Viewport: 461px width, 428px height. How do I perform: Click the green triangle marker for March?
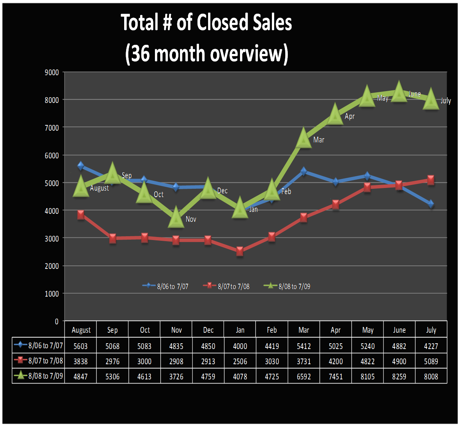pos(303,139)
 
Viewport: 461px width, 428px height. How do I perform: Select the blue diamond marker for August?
pos(81,166)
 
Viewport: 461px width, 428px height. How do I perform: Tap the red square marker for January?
pos(240,251)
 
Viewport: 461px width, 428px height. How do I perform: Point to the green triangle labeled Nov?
pos(176,218)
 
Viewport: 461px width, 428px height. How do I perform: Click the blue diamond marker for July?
pos(431,204)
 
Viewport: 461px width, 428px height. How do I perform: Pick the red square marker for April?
pos(335,205)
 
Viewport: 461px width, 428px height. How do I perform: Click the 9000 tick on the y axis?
pos(52,72)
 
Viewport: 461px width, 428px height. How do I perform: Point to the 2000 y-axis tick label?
pos(52,266)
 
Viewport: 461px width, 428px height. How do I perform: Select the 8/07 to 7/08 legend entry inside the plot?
pos(227,286)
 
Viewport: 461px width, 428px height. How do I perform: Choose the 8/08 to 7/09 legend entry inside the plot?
pos(287,286)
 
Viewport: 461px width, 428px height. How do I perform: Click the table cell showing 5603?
pos(81,346)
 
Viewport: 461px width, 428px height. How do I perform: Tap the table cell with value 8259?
pos(399,376)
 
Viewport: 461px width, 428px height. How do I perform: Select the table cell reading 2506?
pos(240,361)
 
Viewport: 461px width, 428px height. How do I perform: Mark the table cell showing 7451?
pos(335,376)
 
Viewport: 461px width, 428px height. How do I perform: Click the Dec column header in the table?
pos(208,330)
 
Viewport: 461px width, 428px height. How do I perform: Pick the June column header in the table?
pos(399,330)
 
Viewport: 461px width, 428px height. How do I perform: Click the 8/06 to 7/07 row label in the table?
pos(39,346)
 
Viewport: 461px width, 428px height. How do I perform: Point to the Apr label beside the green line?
pos(349,116)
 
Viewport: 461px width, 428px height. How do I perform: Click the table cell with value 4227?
pos(431,346)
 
